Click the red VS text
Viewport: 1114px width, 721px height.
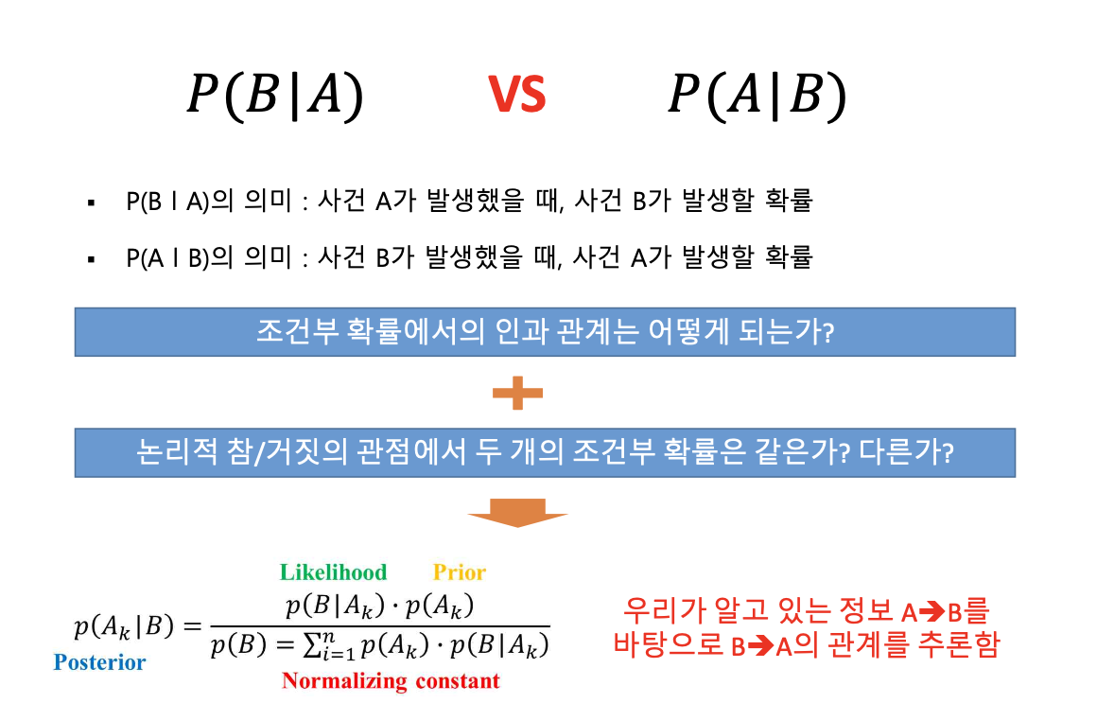(517, 95)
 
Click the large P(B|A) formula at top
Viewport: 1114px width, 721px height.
(275, 96)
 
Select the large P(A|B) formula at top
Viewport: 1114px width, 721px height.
(757, 96)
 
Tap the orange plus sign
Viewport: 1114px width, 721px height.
(517, 393)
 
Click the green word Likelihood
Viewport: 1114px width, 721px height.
(333, 572)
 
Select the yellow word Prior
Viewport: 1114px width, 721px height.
(459, 572)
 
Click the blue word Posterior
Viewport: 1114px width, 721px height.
(99, 662)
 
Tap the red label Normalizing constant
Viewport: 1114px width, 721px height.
(391, 681)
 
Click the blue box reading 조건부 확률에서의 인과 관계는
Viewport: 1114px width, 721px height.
(545, 332)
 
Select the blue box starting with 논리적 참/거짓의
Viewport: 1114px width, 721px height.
(545, 453)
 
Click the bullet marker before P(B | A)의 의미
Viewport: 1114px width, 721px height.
(91, 203)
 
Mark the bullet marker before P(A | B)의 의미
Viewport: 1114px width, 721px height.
(91, 260)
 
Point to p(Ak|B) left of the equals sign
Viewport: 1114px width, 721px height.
(124, 626)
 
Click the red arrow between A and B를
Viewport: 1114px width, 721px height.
(931, 611)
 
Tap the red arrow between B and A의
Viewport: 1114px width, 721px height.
(760, 646)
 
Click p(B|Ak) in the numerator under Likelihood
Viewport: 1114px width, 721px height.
(335, 607)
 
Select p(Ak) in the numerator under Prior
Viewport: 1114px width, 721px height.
(440, 607)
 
